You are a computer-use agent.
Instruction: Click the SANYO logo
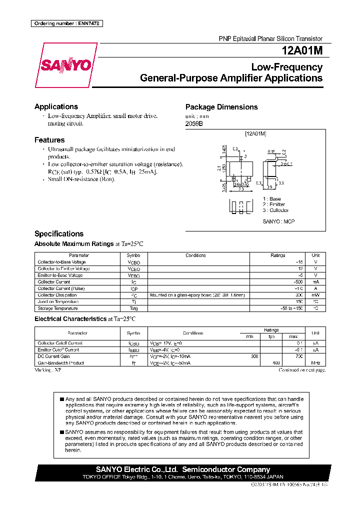tap(66, 65)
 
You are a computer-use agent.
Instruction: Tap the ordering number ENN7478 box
tap(66, 23)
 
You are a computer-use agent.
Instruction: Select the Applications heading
tap(56, 106)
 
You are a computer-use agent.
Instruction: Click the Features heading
tap(49, 140)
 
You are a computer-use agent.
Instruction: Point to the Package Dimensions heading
tap(221, 107)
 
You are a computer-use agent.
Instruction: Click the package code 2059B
tap(194, 123)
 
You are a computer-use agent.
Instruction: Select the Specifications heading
tap(58, 233)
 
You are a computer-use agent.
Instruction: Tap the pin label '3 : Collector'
tap(275, 210)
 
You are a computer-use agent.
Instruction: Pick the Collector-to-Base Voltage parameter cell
tap(61, 262)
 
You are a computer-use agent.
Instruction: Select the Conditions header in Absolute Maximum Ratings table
tap(195, 255)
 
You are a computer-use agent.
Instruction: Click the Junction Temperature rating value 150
tap(298, 302)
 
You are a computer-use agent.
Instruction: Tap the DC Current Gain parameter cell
tap(53, 356)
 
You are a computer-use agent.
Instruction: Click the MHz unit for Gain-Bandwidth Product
tap(315, 362)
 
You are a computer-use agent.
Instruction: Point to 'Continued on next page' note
tap(302, 370)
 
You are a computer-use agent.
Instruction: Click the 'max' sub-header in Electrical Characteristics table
tap(293, 336)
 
